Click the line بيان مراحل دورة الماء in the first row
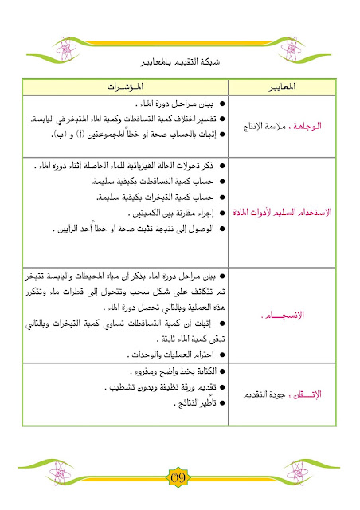click(x=174, y=104)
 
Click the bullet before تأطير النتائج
click(x=221, y=404)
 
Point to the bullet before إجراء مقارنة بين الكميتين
click(x=221, y=214)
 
